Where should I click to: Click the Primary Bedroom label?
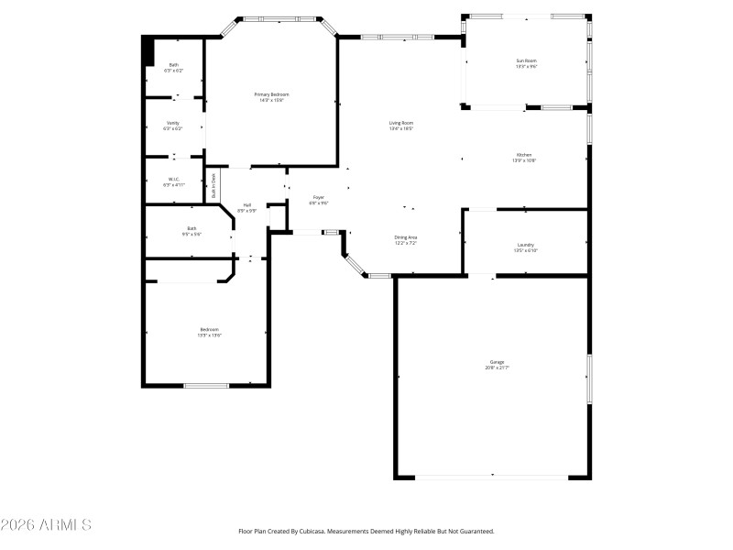271,94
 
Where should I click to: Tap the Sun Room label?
526,60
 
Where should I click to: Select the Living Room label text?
401,123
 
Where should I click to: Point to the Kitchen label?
523,155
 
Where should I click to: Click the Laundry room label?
526,245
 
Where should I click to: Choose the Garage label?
496,362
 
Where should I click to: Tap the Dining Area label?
406,237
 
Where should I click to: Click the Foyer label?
319,197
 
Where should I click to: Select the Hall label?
247,204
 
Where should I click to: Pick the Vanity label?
173,123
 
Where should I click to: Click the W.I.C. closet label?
173,179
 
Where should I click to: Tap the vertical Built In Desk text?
214,185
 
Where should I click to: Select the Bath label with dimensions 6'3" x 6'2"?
173,65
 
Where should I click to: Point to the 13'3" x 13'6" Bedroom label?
209,329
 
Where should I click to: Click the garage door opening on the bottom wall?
493,476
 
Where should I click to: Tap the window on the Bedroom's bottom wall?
206,385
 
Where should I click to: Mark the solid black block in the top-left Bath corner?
147,51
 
